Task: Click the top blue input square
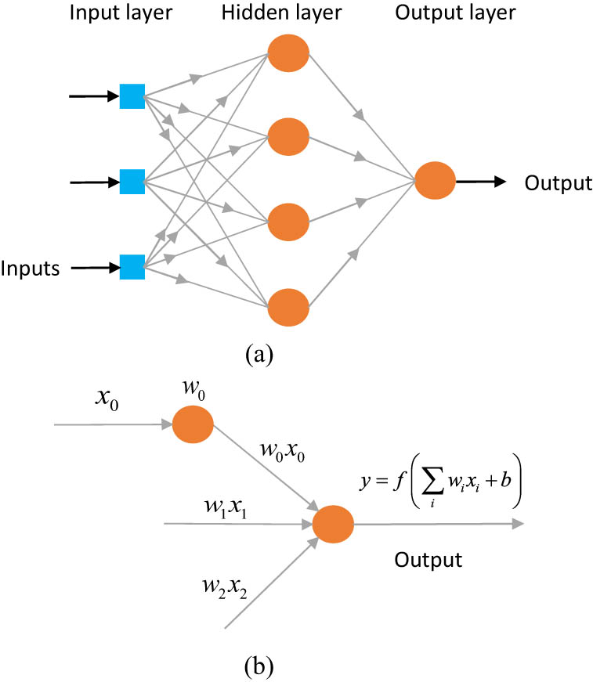132,96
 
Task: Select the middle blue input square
132,182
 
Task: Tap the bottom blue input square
132,267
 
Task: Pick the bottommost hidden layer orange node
289,308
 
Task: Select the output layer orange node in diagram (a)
435,182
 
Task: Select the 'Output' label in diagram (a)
558,183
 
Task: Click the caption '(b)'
259,666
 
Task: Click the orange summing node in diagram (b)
333,525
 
